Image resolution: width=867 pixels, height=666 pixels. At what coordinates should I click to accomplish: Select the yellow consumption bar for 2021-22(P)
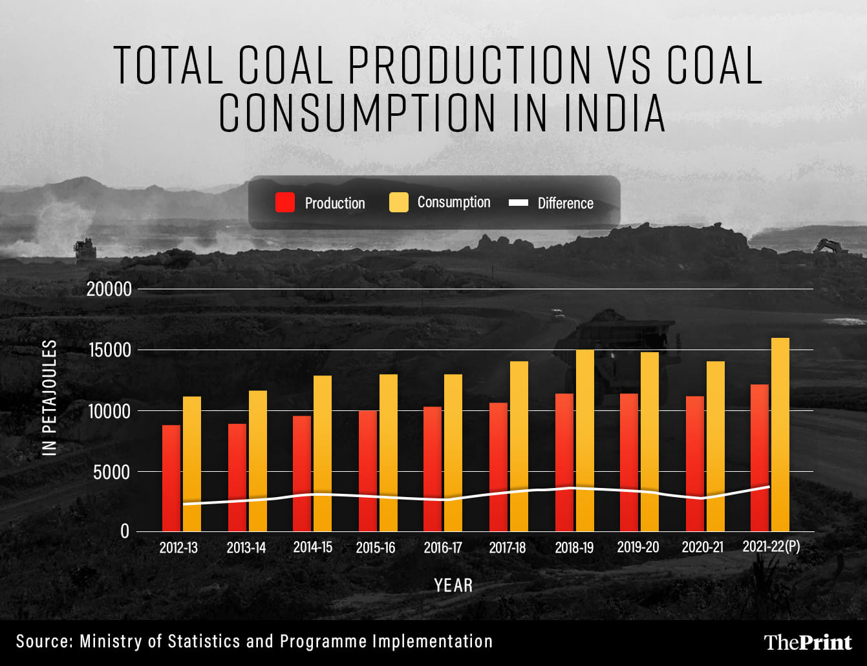tap(780, 434)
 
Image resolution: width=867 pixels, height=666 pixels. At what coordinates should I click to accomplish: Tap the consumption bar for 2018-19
tap(584, 440)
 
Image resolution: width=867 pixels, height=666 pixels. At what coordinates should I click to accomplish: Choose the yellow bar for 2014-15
tap(323, 453)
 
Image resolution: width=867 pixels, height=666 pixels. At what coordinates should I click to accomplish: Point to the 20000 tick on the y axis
tap(109, 289)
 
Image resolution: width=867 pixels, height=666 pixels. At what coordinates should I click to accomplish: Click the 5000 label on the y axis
tap(111, 472)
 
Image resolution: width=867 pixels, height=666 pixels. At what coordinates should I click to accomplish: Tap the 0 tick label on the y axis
tap(123, 531)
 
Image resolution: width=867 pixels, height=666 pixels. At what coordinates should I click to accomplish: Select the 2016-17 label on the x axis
tap(443, 548)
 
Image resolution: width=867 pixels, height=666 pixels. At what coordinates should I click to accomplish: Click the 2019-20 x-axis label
tap(638, 547)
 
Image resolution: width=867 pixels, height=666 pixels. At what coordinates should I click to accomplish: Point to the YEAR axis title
tap(453, 586)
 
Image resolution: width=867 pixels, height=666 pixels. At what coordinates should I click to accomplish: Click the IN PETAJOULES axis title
tap(50, 397)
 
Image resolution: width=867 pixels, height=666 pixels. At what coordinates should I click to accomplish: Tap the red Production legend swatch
tap(285, 203)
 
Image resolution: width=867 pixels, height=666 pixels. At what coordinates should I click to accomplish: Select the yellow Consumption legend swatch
tap(399, 203)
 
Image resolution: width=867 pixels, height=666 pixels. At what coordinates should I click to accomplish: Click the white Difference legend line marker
tap(519, 203)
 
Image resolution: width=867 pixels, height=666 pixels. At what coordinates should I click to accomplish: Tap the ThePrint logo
tap(808, 642)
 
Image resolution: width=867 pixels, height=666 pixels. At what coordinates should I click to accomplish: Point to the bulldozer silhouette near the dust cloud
tap(85, 249)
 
